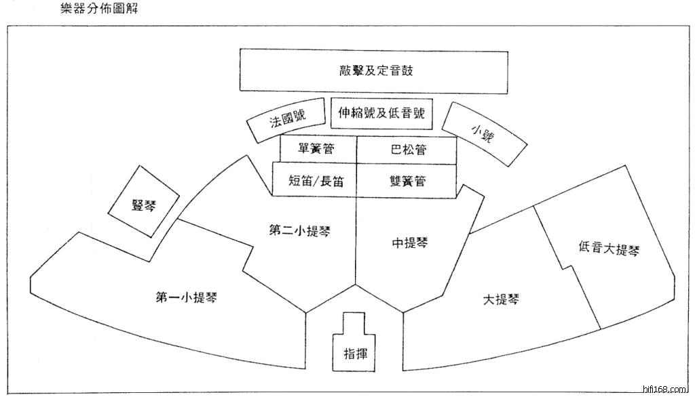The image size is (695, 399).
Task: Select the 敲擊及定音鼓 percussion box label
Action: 375,70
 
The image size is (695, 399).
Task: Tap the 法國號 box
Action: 287,121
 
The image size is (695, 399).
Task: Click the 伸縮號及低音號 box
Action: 382,113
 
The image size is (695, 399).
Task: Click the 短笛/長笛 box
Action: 315,181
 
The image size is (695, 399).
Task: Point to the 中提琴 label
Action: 411,242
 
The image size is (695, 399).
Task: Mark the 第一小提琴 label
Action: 191,296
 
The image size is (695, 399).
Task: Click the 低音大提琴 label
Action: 609,248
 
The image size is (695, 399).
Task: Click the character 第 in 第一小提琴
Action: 163,296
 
